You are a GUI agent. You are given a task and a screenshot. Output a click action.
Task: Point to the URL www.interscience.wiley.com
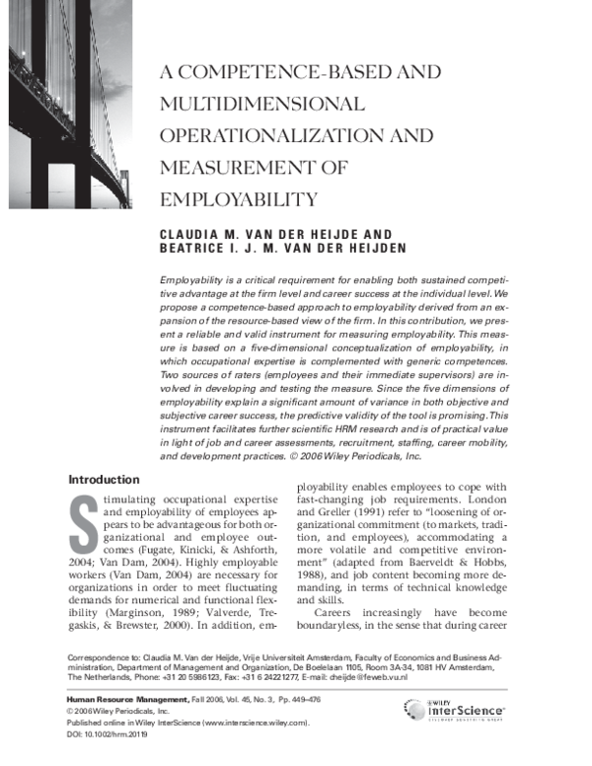click(x=253, y=723)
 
